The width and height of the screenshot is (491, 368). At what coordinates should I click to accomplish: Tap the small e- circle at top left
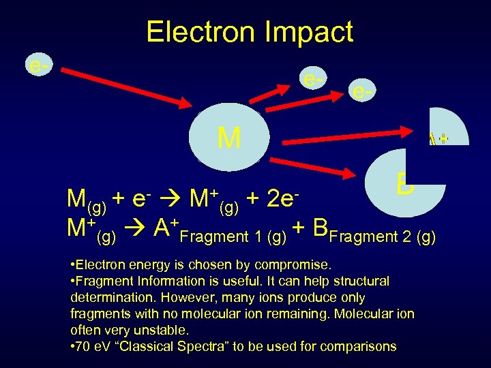tap(38, 65)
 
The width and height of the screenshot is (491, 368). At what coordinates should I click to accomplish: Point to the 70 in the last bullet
tap(84, 346)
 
